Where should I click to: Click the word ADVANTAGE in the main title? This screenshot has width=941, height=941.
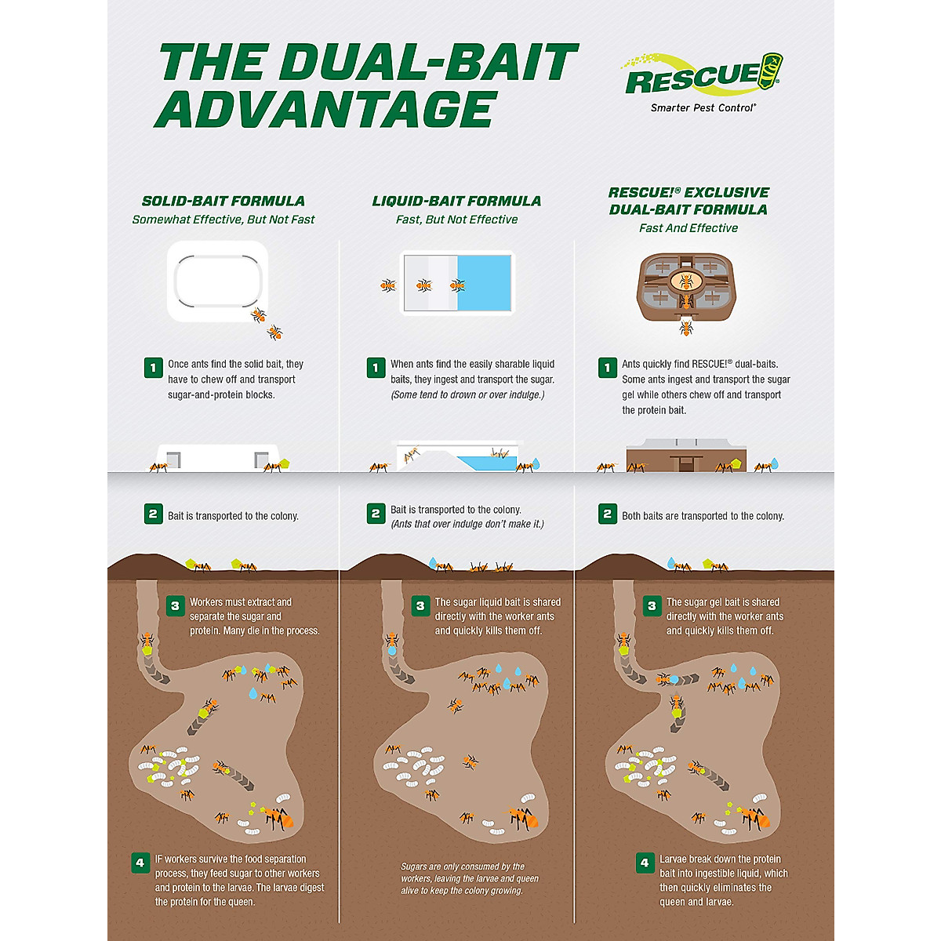(x=326, y=109)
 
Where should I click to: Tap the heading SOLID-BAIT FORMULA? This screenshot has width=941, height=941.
(x=223, y=201)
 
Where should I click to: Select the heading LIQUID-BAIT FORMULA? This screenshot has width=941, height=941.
(x=456, y=201)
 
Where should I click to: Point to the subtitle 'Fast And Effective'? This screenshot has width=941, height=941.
(x=688, y=228)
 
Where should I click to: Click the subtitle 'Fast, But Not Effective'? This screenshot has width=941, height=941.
(x=456, y=220)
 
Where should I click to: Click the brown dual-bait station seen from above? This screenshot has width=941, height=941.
(x=685, y=286)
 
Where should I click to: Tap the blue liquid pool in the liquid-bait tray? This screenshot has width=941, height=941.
(x=484, y=282)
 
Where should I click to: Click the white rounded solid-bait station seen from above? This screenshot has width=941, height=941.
(x=217, y=282)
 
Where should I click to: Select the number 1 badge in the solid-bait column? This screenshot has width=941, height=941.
(x=153, y=367)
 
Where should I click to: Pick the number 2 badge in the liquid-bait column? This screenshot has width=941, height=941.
(x=376, y=514)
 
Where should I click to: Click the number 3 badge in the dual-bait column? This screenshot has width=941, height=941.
(x=651, y=605)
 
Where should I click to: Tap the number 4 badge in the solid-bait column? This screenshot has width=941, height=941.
(x=140, y=863)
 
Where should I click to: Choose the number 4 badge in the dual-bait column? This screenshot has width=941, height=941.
(x=645, y=863)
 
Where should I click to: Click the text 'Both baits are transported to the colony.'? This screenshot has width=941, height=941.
(x=703, y=516)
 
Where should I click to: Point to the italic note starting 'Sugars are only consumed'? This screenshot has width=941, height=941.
(x=469, y=878)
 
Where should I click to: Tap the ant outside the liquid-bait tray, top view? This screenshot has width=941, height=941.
(x=387, y=285)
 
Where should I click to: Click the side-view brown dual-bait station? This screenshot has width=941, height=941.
(x=685, y=456)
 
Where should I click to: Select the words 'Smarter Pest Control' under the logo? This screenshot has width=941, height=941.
(x=703, y=107)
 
